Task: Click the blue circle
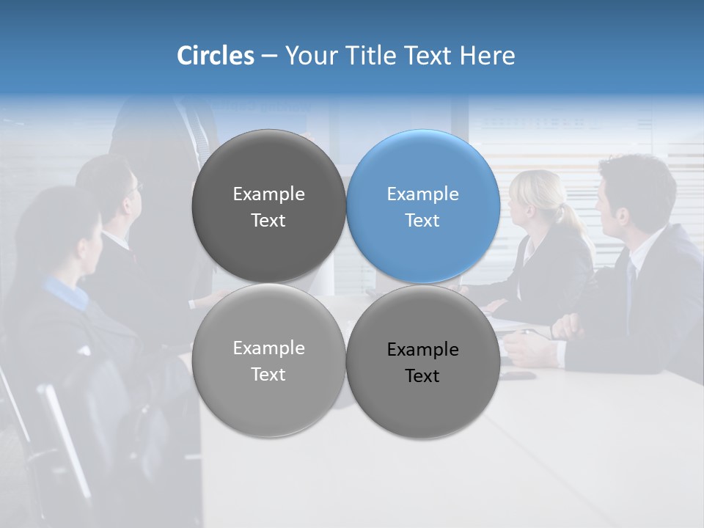click(x=423, y=207)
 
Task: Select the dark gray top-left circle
click(x=268, y=207)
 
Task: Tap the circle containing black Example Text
click(x=423, y=362)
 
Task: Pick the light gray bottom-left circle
click(x=268, y=360)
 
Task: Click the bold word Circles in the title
click(x=216, y=56)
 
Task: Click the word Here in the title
click(x=488, y=56)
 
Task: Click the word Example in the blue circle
click(x=422, y=194)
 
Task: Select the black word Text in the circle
click(x=422, y=376)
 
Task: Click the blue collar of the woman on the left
click(x=66, y=290)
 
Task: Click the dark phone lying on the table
click(x=518, y=375)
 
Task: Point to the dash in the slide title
click(x=269, y=56)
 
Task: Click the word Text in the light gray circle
click(x=268, y=374)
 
